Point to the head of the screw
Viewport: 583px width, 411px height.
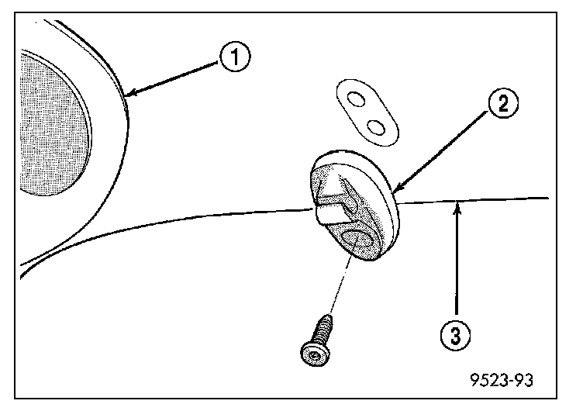313,352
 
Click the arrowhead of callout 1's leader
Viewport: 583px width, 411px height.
129,95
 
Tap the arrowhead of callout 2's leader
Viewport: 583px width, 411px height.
395,188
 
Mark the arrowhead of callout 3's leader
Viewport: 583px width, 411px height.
458,203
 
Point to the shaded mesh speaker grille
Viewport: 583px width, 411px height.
50,124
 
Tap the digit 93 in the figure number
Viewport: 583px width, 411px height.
523,381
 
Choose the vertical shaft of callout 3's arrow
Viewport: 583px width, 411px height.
458,264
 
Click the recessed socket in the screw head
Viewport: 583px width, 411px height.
312,355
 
